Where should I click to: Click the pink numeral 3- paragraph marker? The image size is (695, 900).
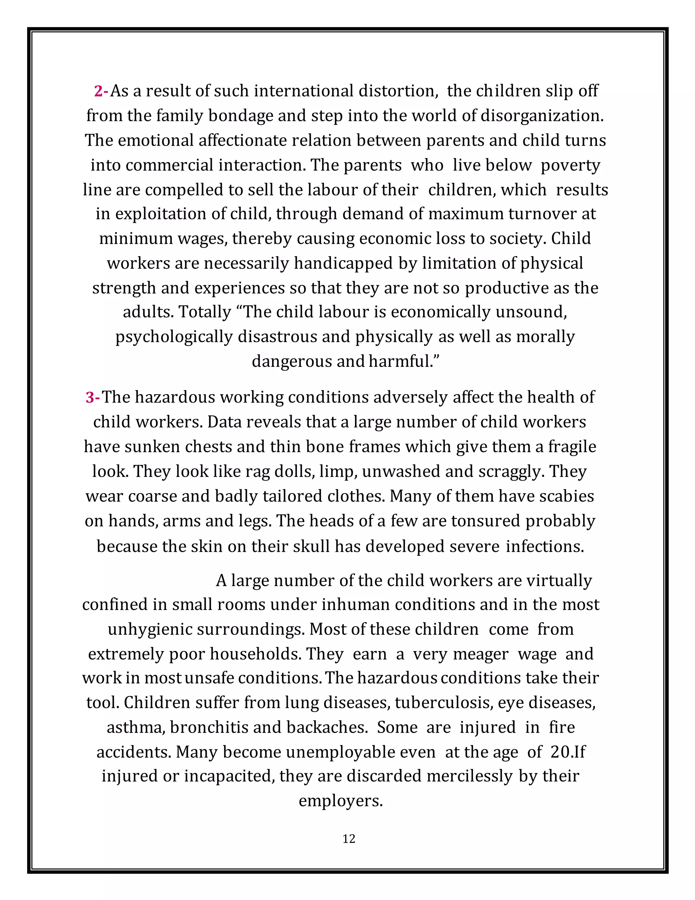coord(93,398)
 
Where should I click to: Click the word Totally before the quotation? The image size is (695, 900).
coord(205,312)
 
